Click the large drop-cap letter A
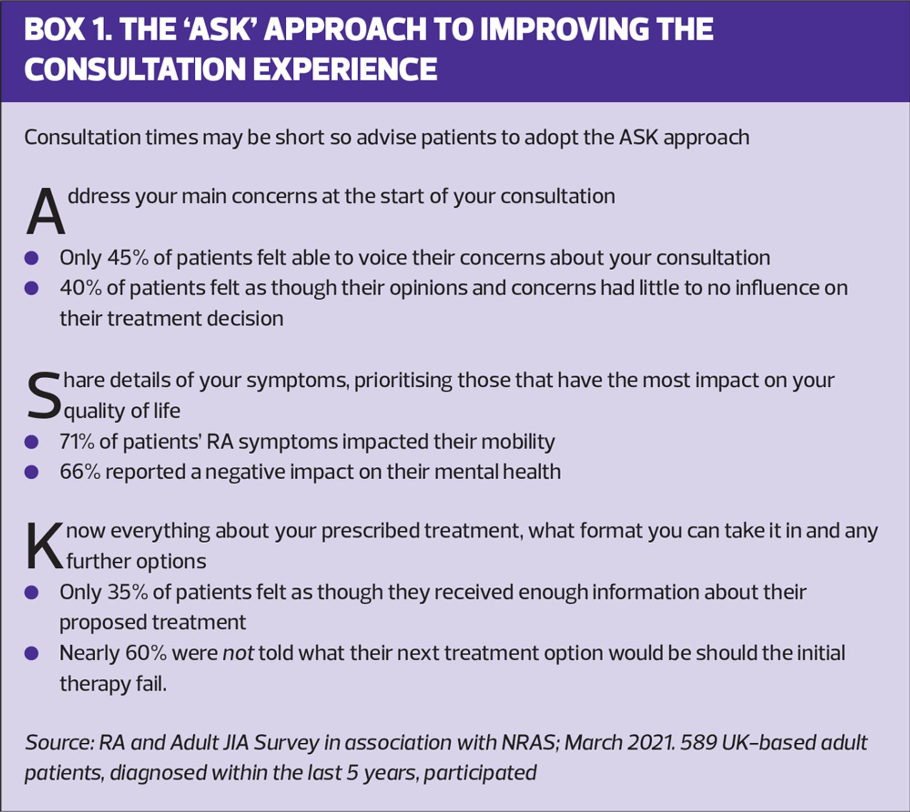[45, 211]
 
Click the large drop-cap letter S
[44, 396]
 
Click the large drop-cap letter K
[44, 546]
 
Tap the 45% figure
[127, 258]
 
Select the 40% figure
[81, 288]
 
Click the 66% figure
[80, 472]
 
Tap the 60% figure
[146, 654]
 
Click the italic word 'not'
[238, 654]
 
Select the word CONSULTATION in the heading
[135, 69]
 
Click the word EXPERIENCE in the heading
[345, 69]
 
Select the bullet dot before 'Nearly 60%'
[31, 654]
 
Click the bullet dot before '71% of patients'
[31, 442]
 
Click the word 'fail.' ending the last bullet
[151, 684]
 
